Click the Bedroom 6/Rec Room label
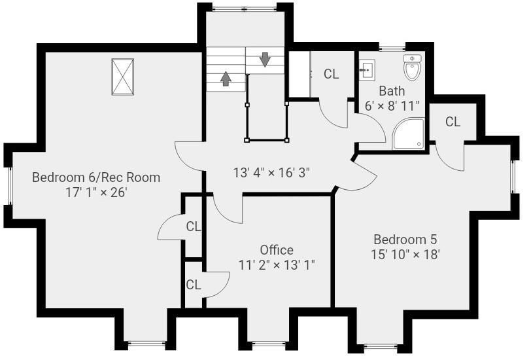pos(96,177)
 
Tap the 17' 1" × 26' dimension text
pos(96,192)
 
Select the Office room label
pos(277,250)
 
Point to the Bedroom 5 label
pos(405,240)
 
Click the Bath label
pos(392,91)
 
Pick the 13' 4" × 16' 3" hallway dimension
pos(271,173)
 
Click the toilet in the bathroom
pos(412,67)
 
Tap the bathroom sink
pos(366,70)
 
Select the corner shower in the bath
pos(409,134)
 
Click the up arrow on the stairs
pos(226,79)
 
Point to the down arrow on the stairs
pos(265,60)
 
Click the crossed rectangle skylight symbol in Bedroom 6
pos(122,77)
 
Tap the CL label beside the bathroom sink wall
pos(331,74)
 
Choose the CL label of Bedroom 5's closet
pos(453,121)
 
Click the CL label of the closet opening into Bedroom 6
pos(194,226)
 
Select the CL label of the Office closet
pos(194,285)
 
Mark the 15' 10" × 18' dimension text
pos(405,254)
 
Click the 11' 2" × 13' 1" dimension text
pos(277,264)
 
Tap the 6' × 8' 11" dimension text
pos(392,106)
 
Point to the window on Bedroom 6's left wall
pos(10,186)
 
